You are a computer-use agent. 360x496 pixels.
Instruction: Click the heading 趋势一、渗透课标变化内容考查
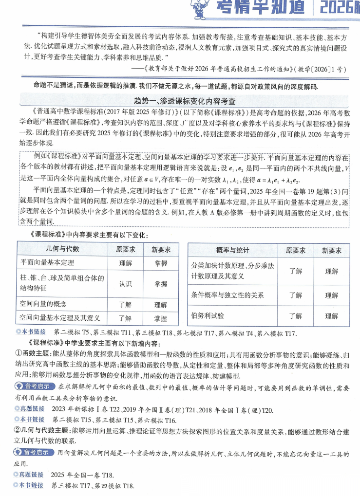pos(180,101)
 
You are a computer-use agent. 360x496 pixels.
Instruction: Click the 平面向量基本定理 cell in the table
pos(47,263)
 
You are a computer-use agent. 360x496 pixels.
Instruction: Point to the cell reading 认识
pos(125,284)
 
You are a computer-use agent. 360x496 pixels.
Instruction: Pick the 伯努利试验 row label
pos(208,315)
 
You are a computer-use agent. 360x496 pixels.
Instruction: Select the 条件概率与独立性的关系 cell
pos(227,294)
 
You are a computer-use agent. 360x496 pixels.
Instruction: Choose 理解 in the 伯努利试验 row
pos(332,316)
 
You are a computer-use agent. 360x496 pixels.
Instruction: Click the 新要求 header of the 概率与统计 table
pos(332,250)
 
